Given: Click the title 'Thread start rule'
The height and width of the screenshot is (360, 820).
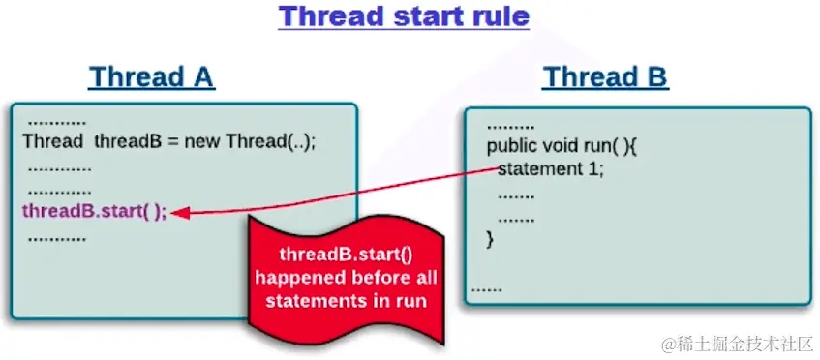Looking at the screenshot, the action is pos(404,16).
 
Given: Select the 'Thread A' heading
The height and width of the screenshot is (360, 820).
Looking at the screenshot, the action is pos(152,76).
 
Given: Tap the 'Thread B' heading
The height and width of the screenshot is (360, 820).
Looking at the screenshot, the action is pos(606,76).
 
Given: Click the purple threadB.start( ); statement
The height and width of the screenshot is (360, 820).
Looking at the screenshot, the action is pos(95,212).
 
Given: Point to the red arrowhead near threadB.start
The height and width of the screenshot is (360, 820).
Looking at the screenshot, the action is pos(179,213).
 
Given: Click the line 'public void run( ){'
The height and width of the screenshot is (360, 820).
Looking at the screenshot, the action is pos(562,147).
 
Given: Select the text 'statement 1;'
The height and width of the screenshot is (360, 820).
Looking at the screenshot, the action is pos(551,169).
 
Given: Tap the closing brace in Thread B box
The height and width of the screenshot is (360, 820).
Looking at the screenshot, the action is pos(490,239).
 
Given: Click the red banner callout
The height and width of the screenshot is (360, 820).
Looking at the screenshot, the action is pos(346,280).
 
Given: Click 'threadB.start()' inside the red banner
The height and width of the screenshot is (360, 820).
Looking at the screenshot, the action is pos(347,255).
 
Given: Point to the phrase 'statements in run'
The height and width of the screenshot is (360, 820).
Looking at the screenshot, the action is pos(347,301).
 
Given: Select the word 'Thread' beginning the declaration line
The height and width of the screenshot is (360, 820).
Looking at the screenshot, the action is pos(53,141).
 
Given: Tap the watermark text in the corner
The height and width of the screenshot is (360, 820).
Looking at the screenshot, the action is pos(738,345).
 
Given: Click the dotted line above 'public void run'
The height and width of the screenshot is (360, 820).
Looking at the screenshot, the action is pos(511,128).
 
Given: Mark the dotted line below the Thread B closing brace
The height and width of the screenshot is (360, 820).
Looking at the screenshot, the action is pos(487,290).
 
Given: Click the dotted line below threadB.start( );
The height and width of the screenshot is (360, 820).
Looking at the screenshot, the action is pos(57,240).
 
